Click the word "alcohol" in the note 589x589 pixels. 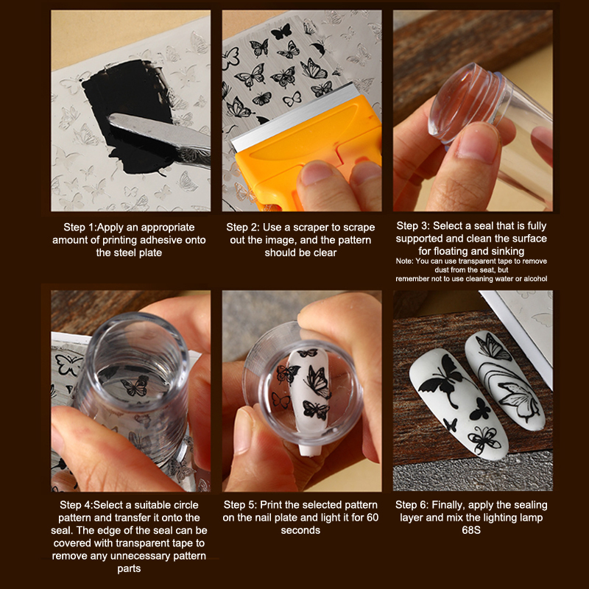click(x=535, y=279)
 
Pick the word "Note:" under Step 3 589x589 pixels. click(x=404, y=261)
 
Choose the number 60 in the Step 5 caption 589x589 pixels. click(x=373, y=518)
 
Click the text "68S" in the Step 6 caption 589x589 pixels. click(x=471, y=530)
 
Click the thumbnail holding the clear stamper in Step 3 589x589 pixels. click(x=476, y=143)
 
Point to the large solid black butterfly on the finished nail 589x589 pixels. click(x=444, y=380)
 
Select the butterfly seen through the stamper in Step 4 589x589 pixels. click(x=135, y=385)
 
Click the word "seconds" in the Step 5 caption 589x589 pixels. click(x=300, y=530)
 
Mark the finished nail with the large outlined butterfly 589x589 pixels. click(x=504, y=379)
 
